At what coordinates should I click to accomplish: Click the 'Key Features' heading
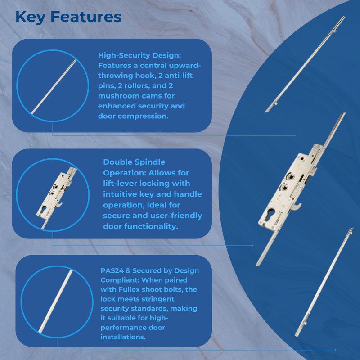(68, 17)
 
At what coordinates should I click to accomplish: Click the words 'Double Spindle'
(134, 162)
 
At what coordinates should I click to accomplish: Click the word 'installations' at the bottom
(122, 337)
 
